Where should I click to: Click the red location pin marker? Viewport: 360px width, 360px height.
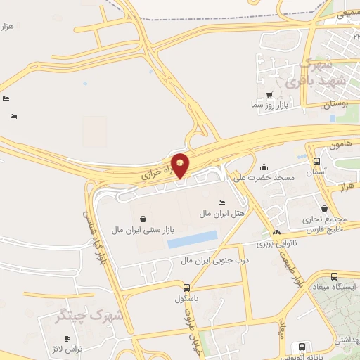(x=181, y=164)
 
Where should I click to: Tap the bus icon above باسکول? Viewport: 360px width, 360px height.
(x=186, y=287)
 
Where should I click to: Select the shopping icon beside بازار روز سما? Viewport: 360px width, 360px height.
(x=269, y=95)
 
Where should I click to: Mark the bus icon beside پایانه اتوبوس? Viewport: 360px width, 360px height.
(x=302, y=347)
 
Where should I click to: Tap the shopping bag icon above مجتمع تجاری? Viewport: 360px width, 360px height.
(x=323, y=208)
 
